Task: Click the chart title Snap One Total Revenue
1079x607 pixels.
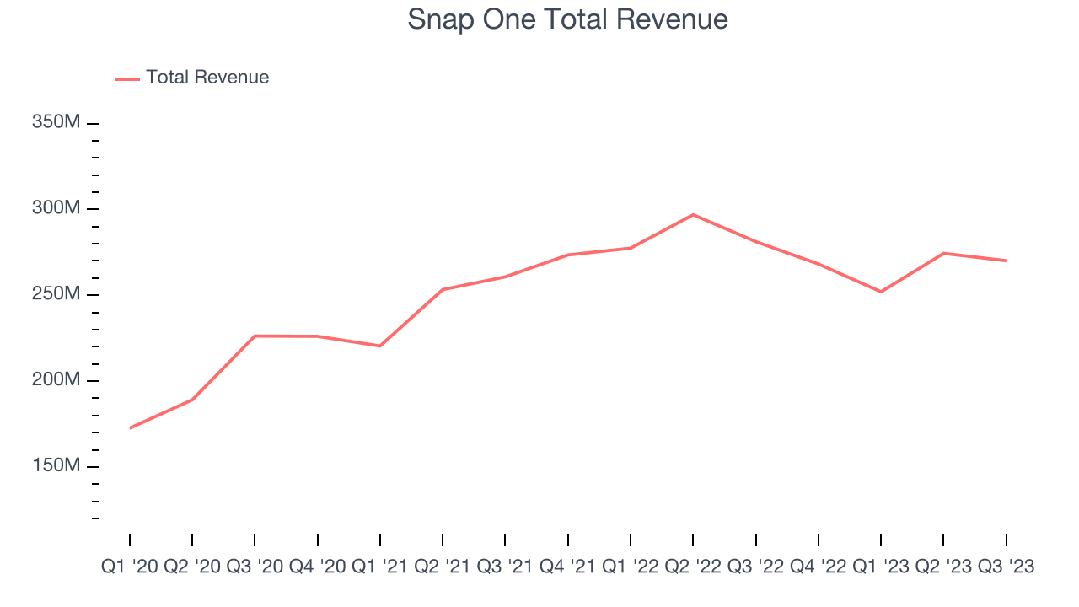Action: coord(567,19)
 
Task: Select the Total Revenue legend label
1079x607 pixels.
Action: coord(207,78)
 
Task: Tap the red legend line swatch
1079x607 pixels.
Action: coord(127,78)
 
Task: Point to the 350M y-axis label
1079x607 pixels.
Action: coord(56,122)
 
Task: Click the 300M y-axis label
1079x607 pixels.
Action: coord(56,208)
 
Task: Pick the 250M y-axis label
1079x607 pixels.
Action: coord(56,294)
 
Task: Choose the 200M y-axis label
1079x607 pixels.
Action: coord(56,380)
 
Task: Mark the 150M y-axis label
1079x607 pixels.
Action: coord(56,466)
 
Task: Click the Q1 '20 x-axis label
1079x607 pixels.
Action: coord(129,567)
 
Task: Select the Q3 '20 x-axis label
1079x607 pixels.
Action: coord(255,567)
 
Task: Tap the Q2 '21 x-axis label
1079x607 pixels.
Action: coord(443,567)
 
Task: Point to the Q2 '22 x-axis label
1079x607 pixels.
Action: coord(693,567)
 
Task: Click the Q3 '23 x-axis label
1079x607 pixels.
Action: coord(1006,567)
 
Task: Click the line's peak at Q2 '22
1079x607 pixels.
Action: coord(693,214)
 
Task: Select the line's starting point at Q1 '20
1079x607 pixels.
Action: coord(130,428)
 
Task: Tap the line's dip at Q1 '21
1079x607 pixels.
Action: coord(380,346)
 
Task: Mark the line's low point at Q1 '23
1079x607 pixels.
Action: coord(881,292)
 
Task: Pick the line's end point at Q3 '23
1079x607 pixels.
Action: coord(1006,261)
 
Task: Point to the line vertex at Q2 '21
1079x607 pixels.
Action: coord(443,289)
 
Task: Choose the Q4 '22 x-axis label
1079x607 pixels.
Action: coord(818,567)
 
